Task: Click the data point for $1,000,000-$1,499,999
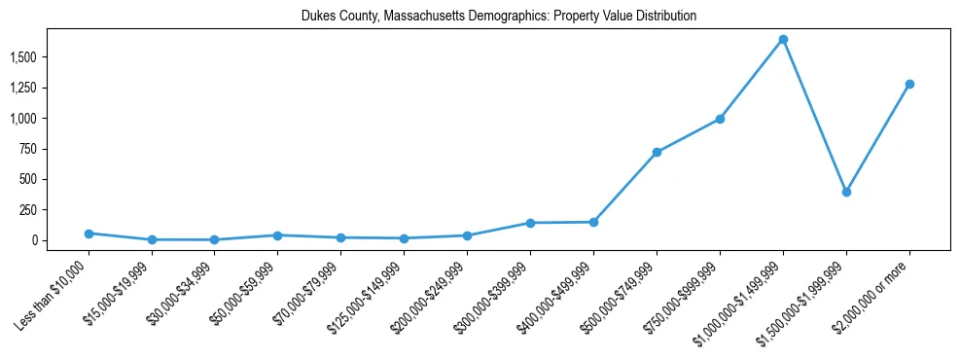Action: (783, 40)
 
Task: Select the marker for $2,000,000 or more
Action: (909, 84)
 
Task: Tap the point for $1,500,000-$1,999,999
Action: (846, 192)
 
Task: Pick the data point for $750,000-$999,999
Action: (720, 119)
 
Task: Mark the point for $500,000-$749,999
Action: (657, 152)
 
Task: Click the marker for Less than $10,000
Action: (89, 234)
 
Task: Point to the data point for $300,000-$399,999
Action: (530, 223)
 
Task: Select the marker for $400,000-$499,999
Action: (593, 222)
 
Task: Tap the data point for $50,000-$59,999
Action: (277, 235)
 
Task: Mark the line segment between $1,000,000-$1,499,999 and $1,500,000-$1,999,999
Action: (815, 116)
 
